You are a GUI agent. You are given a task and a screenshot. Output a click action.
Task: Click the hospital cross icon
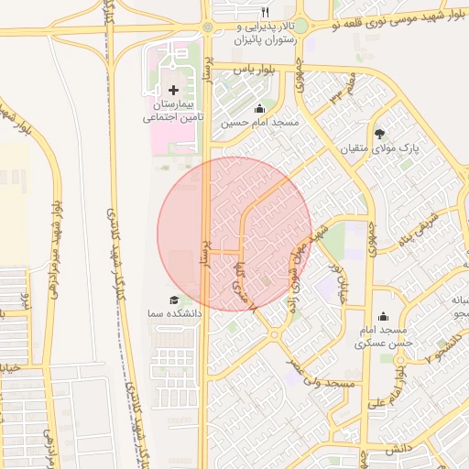(x=174, y=90)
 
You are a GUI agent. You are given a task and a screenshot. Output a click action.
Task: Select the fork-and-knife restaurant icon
(x=265, y=12)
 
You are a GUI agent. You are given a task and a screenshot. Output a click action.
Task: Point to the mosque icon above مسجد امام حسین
(x=259, y=108)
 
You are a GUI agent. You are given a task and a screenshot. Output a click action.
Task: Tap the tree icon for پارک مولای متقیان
(x=380, y=134)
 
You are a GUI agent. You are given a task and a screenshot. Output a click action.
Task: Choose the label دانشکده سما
(x=170, y=314)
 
